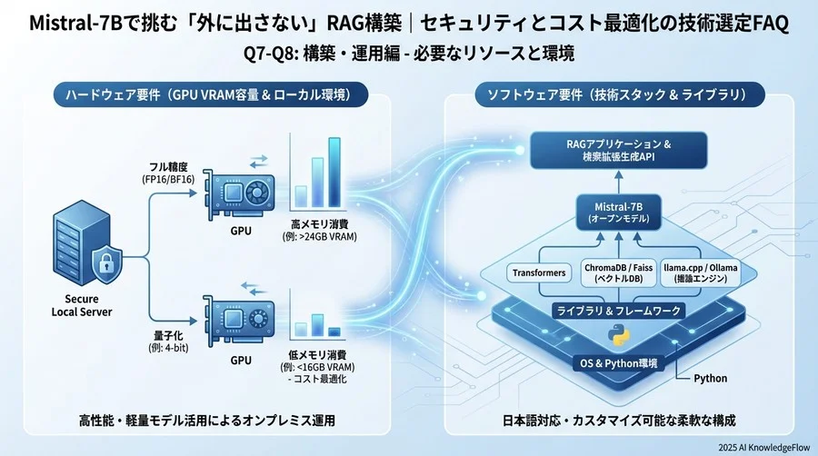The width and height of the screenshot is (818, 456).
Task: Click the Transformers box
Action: point(540,272)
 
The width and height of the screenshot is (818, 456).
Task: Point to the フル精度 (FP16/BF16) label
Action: point(171,173)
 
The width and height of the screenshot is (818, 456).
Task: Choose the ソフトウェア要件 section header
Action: point(617,94)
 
